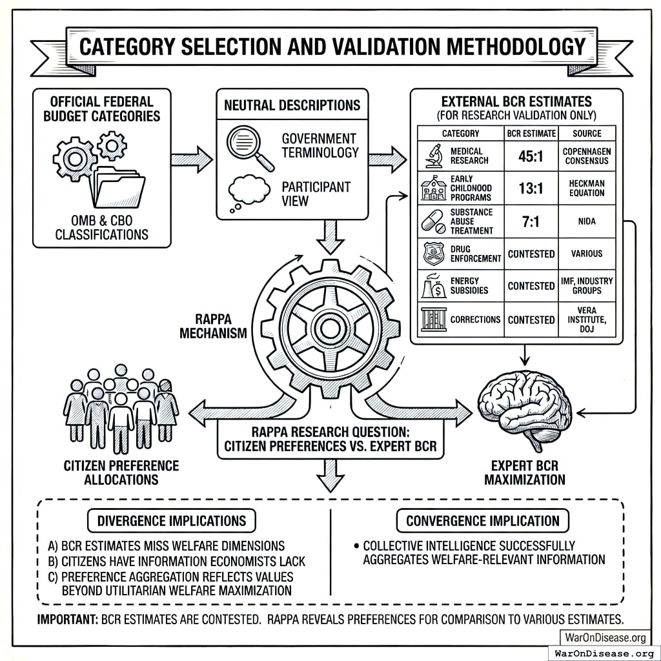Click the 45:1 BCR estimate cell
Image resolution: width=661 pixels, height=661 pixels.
pyautogui.click(x=531, y=156)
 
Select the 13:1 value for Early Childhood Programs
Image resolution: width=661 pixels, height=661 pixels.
pyautogui.click(x=531, y=188)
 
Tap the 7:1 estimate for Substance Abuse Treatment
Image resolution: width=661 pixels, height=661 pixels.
pyautogui.click(x=531, y=221)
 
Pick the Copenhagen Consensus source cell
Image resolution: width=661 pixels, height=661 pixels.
pyautogui.click(x=587, y=156)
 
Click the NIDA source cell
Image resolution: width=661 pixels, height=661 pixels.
pyautogui.click(x=587, y=221)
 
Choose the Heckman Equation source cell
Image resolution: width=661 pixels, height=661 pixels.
pyautogui.click(x=587, y=188)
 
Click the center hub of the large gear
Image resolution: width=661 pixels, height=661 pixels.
pyautogui.click(x=330, y=328)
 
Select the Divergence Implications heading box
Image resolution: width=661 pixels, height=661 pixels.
pyautogui.click(x=171, y=520)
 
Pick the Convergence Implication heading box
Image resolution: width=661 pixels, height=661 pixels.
pyautogui.click(x=482, y=520)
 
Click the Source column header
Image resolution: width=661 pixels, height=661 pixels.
pyautogui.click(x=587, y=134)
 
